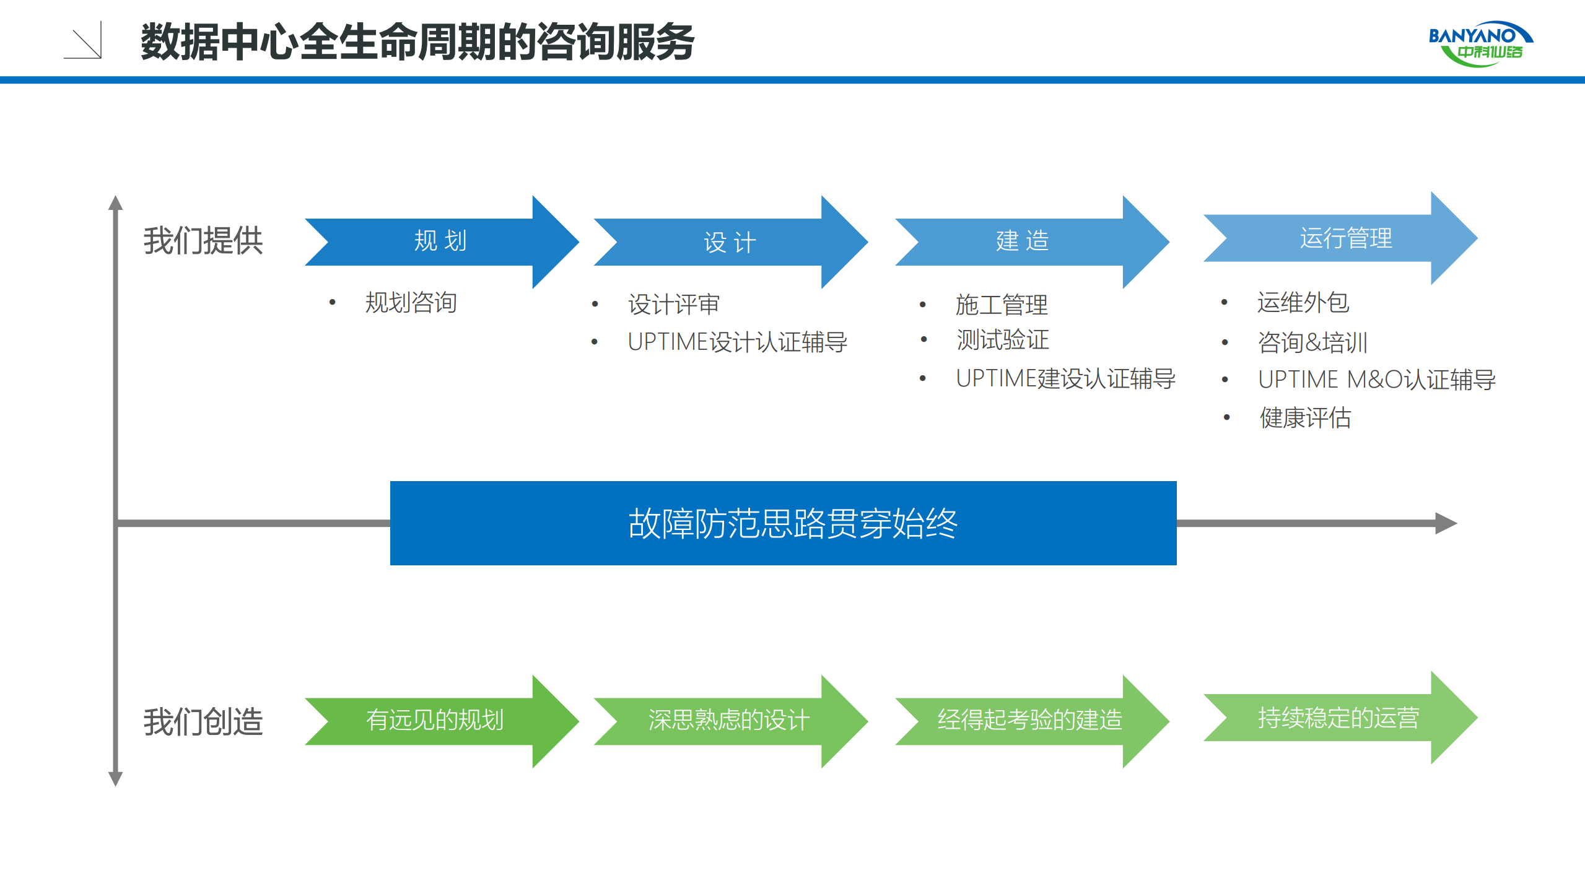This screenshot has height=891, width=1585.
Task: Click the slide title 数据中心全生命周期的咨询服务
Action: (x=417, y=42)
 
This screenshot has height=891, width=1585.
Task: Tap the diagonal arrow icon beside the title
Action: (x=83, y=41)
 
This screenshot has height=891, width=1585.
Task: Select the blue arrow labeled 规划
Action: (x=440, y=241)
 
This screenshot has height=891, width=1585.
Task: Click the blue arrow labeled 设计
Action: (x=730, y=242)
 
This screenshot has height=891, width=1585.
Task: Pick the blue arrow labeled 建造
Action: (x=1022, y=241)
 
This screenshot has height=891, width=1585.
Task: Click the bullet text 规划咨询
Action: (x=411, y=303)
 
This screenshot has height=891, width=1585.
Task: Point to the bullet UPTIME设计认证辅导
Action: (x=737, y=342)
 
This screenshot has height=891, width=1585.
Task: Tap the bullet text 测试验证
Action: (x=1002, y=340)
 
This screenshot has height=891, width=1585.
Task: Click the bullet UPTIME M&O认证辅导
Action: (x=1376, y=380)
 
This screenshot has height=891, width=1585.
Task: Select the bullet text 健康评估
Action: (x=1305, y=418)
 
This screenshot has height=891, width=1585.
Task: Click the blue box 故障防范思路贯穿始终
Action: (x=783, y=523)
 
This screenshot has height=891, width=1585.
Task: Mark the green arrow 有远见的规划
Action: (x=435, y=721)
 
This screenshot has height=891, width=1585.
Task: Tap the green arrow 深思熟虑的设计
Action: (x=728, y=721)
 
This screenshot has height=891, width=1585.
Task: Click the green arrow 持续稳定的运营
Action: (x=1338, y=718)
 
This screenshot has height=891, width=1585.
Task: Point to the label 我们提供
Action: (x=203, y=241)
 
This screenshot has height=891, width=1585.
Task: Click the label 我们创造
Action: (x=203, y=722)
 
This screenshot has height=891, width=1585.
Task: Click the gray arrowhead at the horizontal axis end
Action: (x=1446, y=523)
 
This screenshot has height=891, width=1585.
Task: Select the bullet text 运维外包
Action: (x=1303, y=303)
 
